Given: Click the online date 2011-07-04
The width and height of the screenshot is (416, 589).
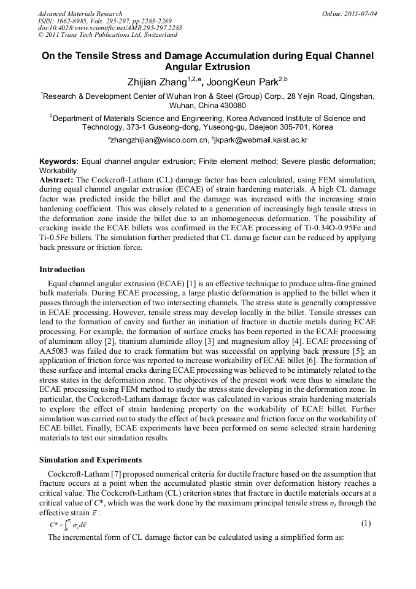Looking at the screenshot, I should point(362,14).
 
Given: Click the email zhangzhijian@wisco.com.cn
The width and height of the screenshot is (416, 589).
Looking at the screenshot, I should point(158,141).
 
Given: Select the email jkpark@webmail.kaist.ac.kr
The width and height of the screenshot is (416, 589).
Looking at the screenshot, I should point(261,141).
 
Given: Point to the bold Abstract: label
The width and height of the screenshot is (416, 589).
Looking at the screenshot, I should point(56,179).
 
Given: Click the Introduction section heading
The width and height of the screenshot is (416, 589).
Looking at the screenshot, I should point(62,270).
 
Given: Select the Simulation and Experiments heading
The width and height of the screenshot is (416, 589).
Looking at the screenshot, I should point(90,460).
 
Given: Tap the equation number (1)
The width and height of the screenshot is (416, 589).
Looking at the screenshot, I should point(366,523).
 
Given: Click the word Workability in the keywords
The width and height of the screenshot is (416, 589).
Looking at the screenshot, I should point(58,170).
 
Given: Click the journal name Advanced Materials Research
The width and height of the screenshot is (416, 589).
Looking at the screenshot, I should point(80,14).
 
